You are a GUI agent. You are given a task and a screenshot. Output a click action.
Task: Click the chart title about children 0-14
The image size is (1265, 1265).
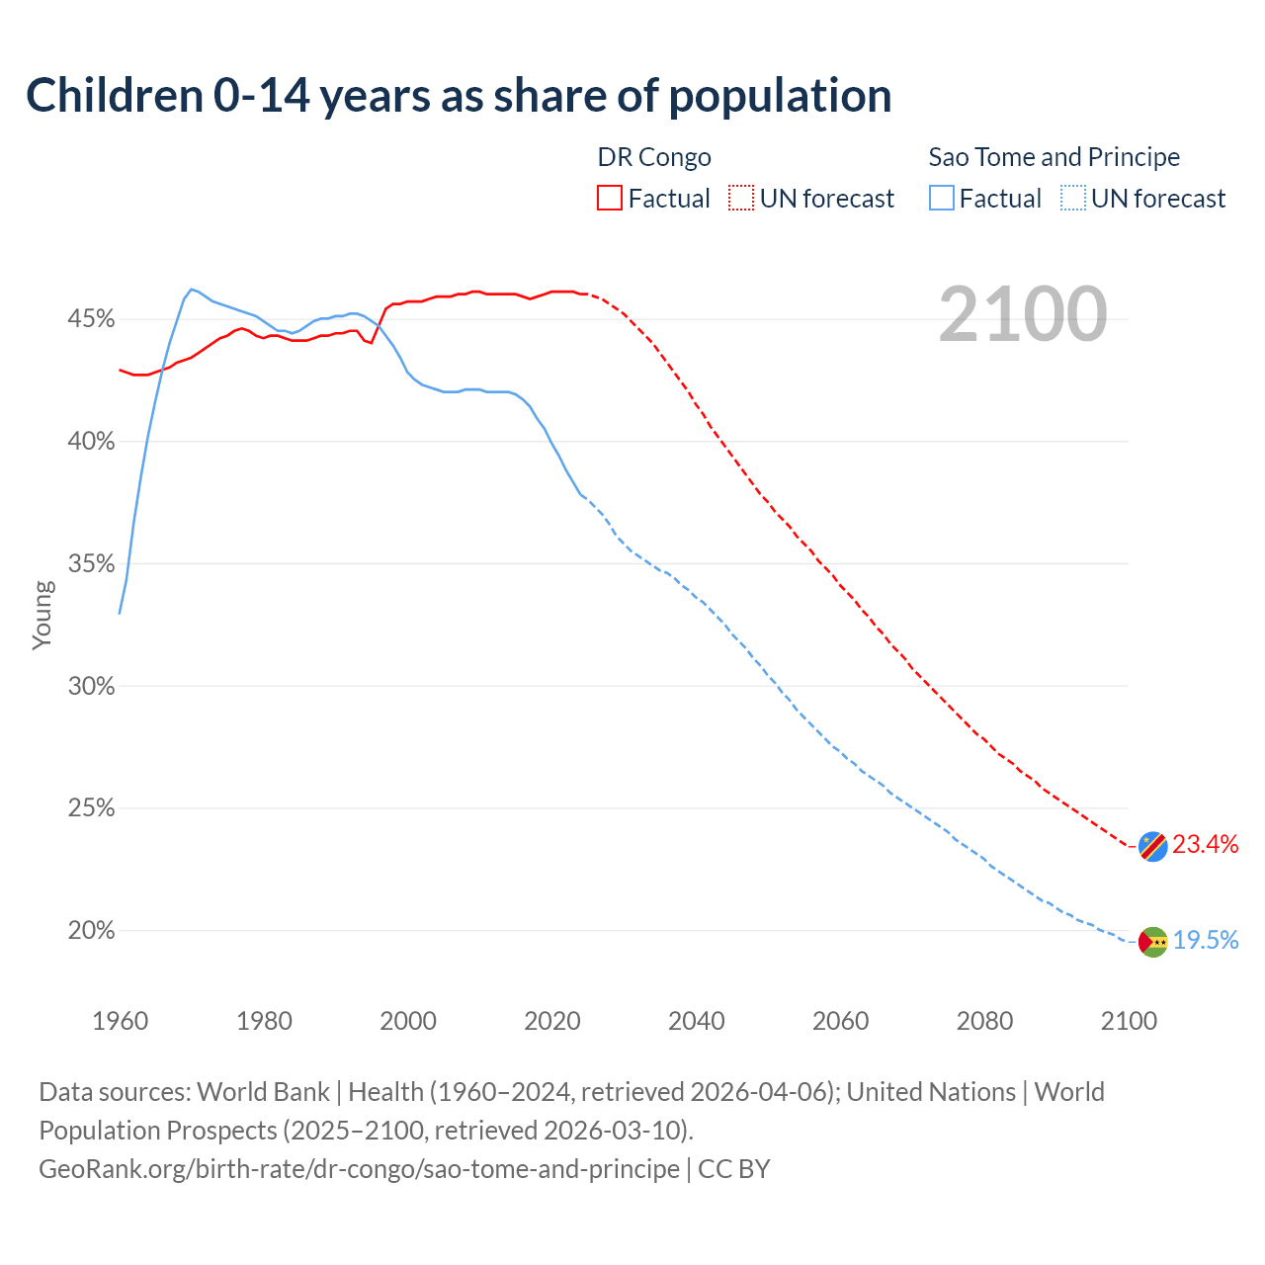point(459,96)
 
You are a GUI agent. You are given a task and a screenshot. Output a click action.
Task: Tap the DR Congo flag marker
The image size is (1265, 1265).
point(1152,846)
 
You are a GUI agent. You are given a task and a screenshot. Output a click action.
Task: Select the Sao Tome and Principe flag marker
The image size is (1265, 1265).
point(1152,942)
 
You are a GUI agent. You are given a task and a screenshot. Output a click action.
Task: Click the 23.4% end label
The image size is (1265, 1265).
point(1206,844)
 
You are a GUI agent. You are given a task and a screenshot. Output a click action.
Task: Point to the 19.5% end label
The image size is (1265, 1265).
point(1206,940)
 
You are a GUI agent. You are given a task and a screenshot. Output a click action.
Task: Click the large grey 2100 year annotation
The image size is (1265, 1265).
point(1023,314)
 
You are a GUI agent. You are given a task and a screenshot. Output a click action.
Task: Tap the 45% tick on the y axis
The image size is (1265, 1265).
point(91,319)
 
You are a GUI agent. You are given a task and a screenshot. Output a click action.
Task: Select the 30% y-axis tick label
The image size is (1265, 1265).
point(91,686)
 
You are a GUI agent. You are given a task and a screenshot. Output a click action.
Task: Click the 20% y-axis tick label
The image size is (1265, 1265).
point(91,931)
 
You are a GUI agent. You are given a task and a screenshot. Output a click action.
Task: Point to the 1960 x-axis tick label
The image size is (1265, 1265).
point(120,1021)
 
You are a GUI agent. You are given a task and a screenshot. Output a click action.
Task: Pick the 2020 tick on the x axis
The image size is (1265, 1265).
point(552,1021)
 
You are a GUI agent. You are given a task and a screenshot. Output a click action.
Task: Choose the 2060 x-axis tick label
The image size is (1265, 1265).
point(840,1021)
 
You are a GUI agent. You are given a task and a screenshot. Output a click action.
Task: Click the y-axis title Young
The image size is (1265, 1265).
point(42,615)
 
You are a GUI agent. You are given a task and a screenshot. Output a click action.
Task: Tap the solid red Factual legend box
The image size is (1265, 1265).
point(610,199)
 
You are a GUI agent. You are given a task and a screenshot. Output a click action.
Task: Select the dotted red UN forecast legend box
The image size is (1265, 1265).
point(741,199)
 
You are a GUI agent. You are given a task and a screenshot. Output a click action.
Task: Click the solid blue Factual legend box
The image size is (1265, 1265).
point(942,199)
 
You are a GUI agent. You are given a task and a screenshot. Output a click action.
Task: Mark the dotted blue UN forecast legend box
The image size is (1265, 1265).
point(1073,199)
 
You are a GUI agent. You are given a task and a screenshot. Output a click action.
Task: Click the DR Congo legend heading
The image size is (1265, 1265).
point(654,157)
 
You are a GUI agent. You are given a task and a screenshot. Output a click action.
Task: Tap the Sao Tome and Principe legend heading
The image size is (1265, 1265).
point(1054,157)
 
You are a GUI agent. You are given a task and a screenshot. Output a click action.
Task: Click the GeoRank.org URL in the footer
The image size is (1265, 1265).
point(359,1169)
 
